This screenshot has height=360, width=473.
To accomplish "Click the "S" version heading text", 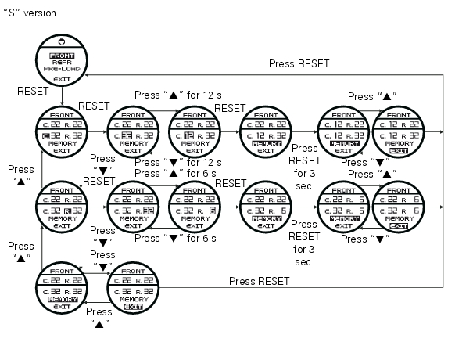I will [x=30, y=14].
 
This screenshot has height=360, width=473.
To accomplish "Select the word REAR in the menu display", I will [x=61, y=63].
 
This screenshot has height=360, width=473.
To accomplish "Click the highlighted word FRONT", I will [x=61, y=56].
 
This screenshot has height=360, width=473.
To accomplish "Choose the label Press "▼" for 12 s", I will [x=177, y=162].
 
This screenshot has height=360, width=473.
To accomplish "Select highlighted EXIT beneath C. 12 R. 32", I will [x=398, y=151].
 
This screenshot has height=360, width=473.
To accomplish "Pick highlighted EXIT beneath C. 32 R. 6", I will [x=398, y=227].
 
